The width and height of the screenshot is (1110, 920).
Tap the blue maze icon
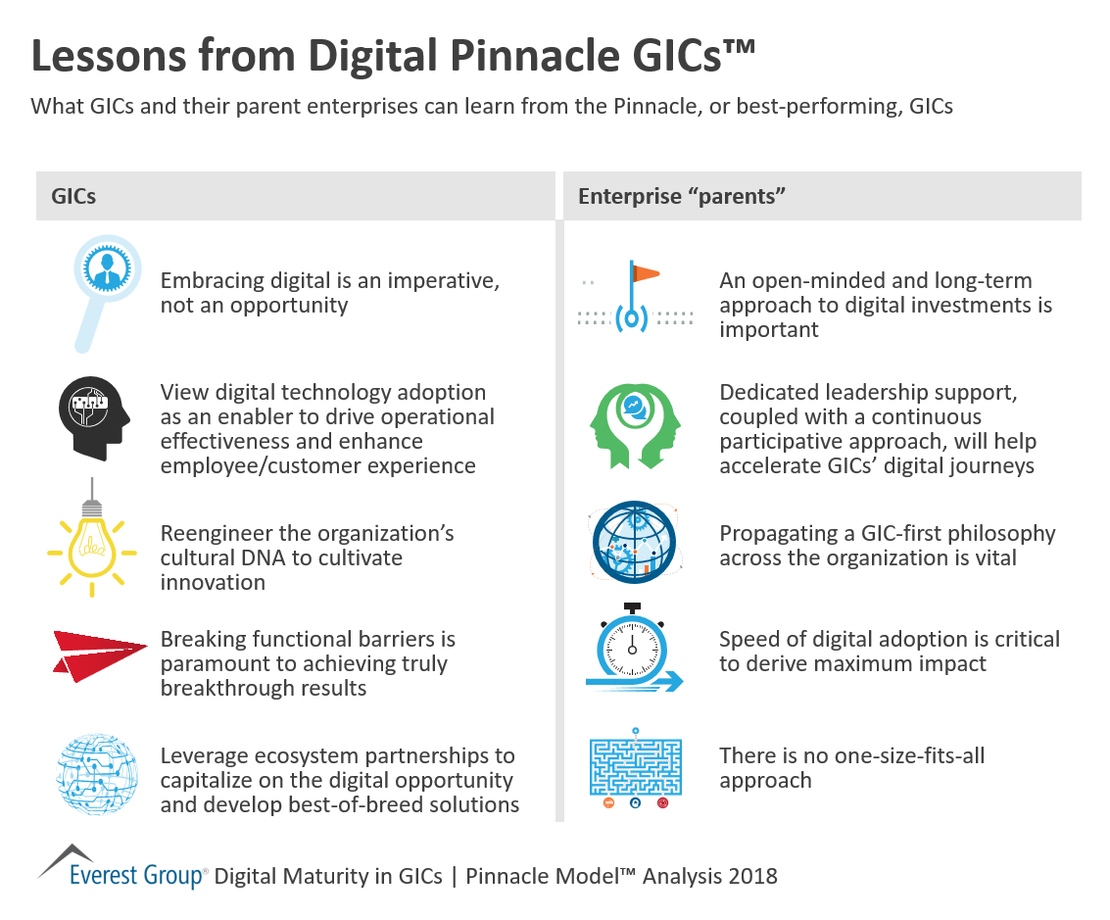[635, 766]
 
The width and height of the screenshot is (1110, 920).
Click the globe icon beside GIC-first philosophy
[634, 545]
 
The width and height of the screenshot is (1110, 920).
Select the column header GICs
[73, 196]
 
